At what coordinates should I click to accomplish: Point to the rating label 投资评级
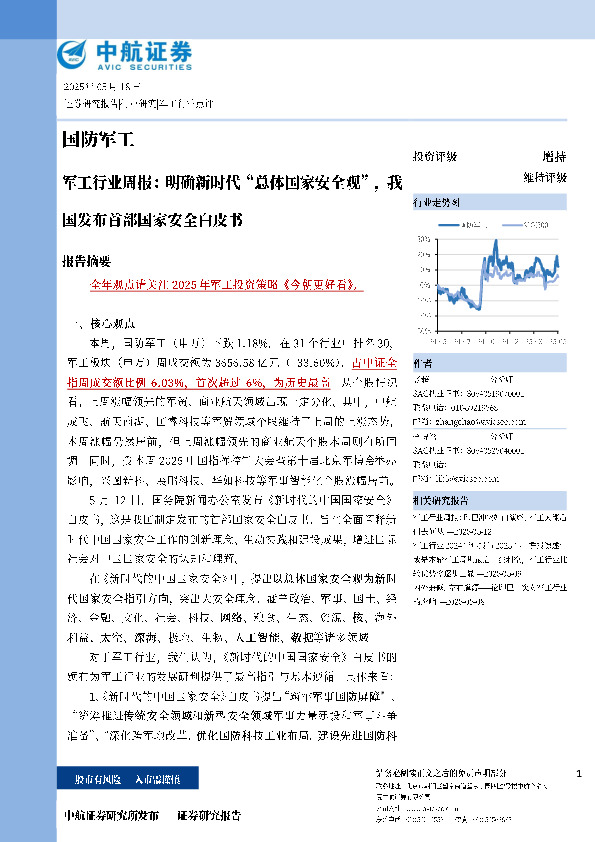(434, 157)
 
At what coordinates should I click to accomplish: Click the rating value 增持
(553, 157)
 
